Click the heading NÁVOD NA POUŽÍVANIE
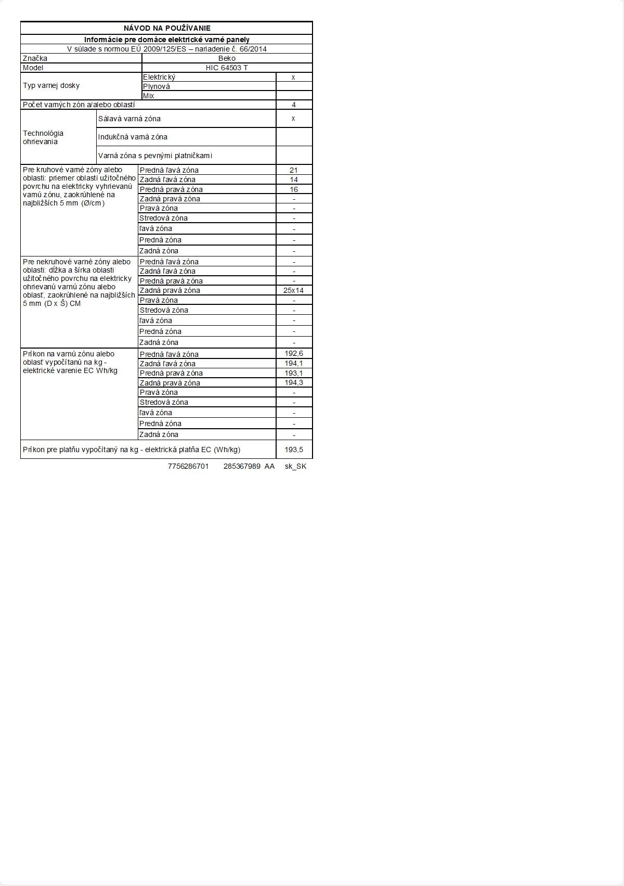point(167,28)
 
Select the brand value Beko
point(227,58)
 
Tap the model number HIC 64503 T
point(227,68)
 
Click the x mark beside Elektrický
point(293,77)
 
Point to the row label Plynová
point(157,86)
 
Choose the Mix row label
point(149,96)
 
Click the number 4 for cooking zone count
point(294,105)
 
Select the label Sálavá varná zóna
point(129,119)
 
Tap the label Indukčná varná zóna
point(133,137)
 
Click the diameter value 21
point(294,170)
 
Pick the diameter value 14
point(294,179)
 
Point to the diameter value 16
point(294,189)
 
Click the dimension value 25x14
point(293,290)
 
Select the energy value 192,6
point(294,354)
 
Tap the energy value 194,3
point(294,382)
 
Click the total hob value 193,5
point(294,450)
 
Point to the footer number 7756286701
point(188,466)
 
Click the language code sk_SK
point(295,466)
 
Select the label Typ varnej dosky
point(51,85)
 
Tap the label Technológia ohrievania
point(43,137)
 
